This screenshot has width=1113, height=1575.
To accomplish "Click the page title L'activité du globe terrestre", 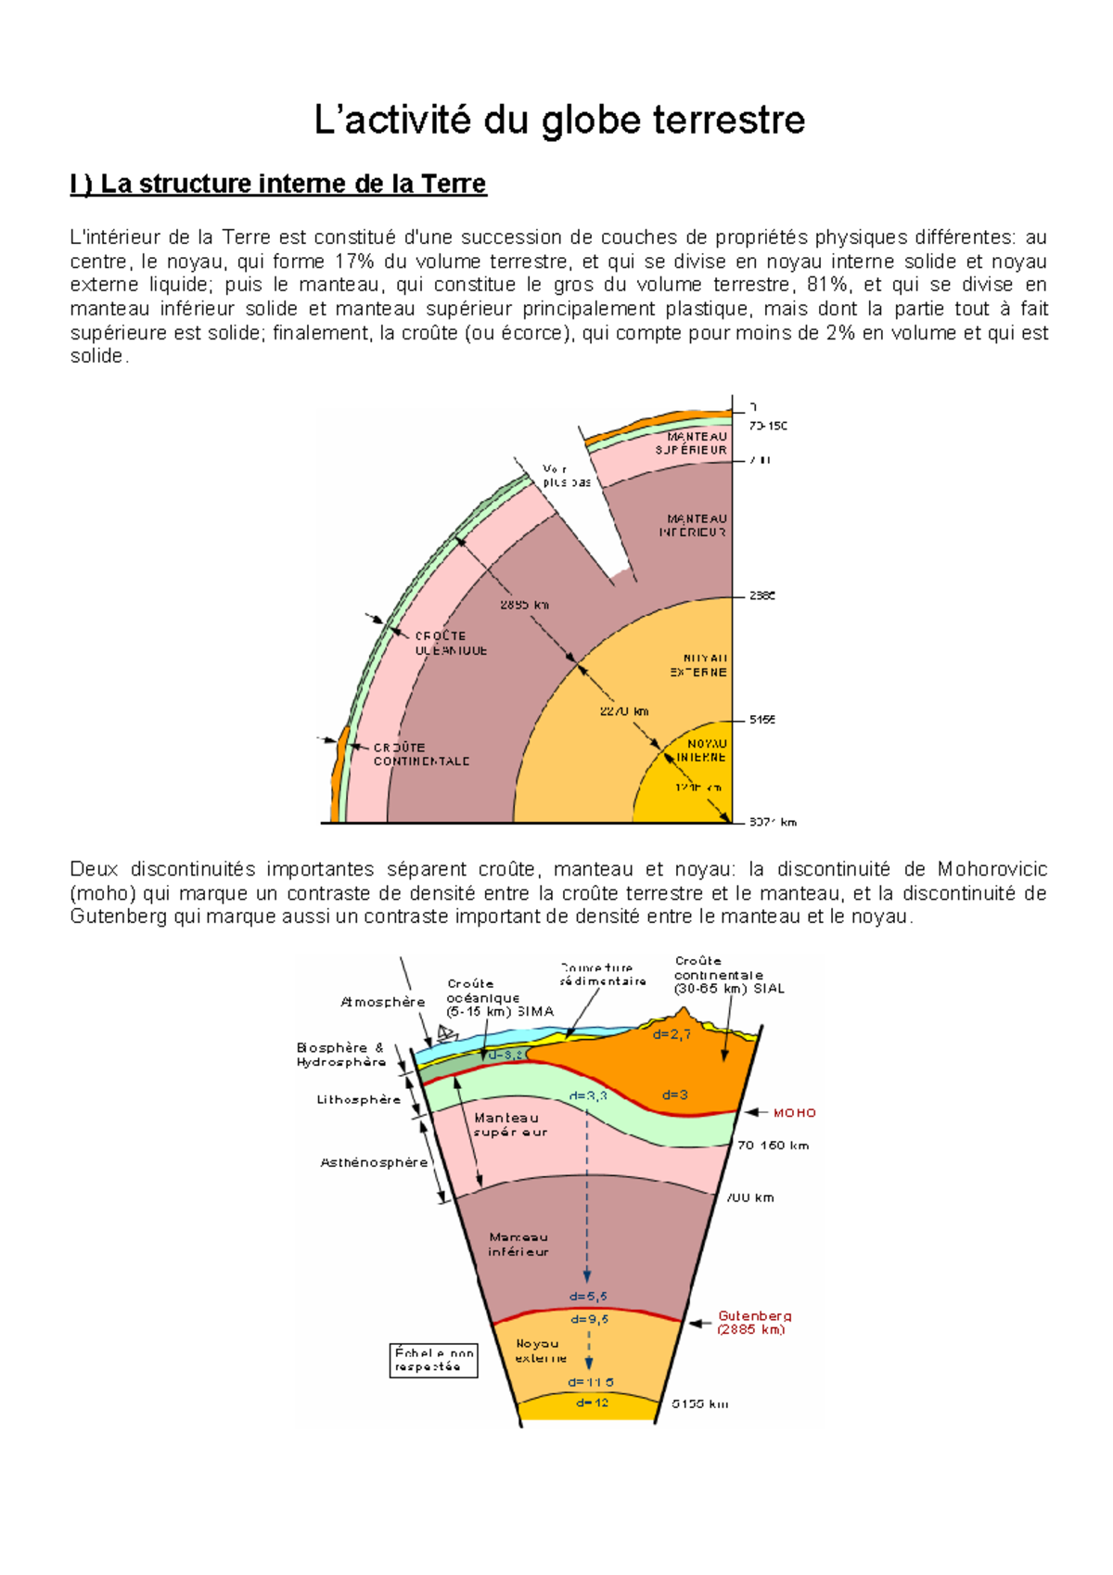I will (x=558, y=121).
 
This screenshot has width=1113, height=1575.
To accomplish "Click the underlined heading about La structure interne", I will (x=278, y=184).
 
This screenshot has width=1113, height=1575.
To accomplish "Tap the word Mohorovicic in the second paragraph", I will (x=991, y=869).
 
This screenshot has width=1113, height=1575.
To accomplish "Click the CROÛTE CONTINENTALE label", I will (x=421, y=754).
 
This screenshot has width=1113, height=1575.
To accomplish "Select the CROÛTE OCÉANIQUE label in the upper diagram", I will (x=451, y=643).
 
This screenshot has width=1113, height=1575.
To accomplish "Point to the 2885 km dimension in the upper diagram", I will (x=524, y=605).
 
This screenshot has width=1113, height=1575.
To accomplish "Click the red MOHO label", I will (x=794, y=1112).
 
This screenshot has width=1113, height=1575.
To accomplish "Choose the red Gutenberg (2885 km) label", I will (x=753, y=1322).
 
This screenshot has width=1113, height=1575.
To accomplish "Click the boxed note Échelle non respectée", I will (x=433, y=1359).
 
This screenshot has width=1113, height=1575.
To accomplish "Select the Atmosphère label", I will (x=382, y=1002).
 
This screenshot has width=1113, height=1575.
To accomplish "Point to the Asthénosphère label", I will (x=374, y=1162).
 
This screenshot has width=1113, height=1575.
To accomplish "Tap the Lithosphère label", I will (x=359, y=1099).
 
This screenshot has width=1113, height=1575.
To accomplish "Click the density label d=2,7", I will (x=672, y=1034).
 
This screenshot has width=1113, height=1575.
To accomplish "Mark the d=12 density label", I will (x=592, y=1402).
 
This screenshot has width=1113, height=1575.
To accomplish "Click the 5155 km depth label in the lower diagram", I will (x=700, y=1403).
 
